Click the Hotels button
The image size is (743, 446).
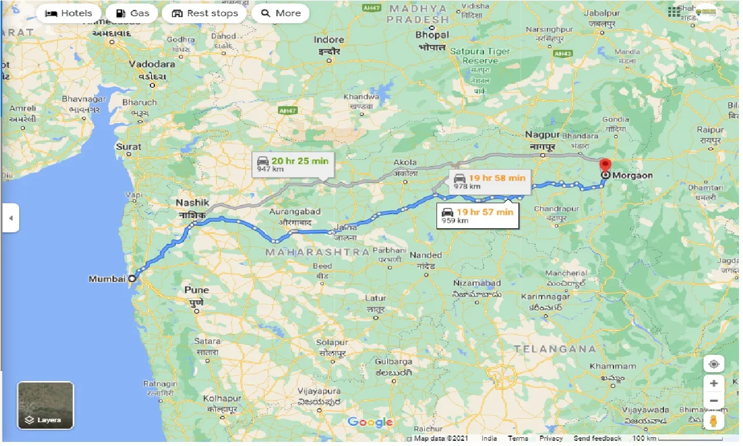68,13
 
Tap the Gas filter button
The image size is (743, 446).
132,13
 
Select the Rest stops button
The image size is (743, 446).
204,13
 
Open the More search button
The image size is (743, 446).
281,13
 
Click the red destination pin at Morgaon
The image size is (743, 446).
605,166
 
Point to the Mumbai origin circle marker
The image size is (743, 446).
132,279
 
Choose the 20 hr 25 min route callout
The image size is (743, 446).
294,165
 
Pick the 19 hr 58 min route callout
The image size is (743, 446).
491,181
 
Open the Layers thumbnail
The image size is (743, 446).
45,405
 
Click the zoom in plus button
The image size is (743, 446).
713,383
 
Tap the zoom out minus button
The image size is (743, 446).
713,401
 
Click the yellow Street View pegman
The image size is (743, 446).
713,420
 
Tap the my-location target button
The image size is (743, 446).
713,364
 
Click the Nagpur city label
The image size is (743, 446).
542,135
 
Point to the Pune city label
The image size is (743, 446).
196,290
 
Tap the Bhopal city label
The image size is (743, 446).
432,35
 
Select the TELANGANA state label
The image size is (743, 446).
556,348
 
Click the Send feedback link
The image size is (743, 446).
597,438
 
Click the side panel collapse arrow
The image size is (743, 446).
10,218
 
